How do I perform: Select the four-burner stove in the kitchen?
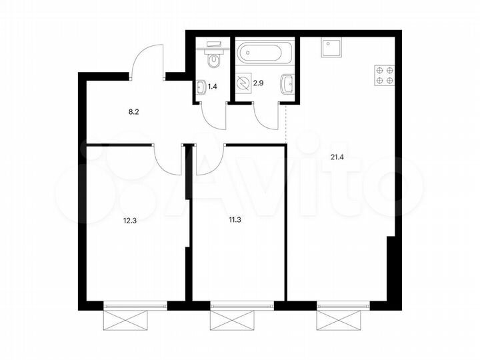click(x=384, y=75)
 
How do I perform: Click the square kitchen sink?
click(x=331, y=49)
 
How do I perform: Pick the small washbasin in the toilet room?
click(x=201, y=85)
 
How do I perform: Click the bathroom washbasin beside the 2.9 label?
click(x=287, y=85)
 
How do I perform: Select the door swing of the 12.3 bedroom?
click(x=167, y=160)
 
